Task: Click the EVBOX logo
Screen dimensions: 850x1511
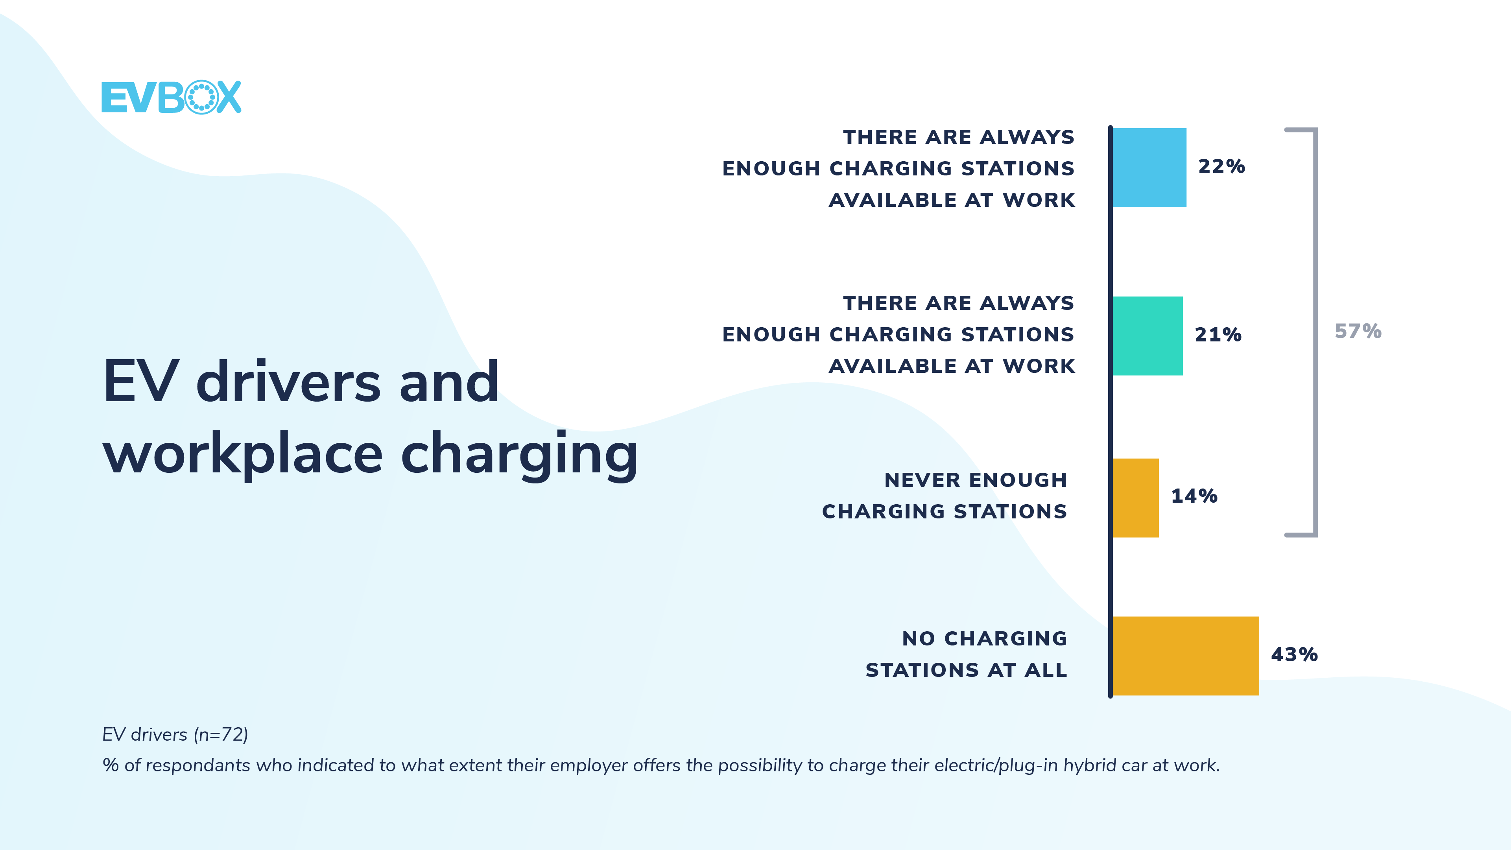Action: click(171, 98)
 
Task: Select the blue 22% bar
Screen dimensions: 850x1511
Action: click(1149, 168)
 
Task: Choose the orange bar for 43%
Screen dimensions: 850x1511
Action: click(1185, 656)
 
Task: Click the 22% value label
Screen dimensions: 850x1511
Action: click(1221, 167)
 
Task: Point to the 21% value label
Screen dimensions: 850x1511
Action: click(1218, 335)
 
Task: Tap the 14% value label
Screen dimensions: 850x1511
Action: click(1194, 496)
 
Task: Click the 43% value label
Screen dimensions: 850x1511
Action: click(1294, 655)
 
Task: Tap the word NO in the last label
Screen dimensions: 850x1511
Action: click(919, 639)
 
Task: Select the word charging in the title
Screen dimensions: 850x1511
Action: click(519, 455)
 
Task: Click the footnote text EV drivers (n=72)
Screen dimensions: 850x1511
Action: click(175, 734)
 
